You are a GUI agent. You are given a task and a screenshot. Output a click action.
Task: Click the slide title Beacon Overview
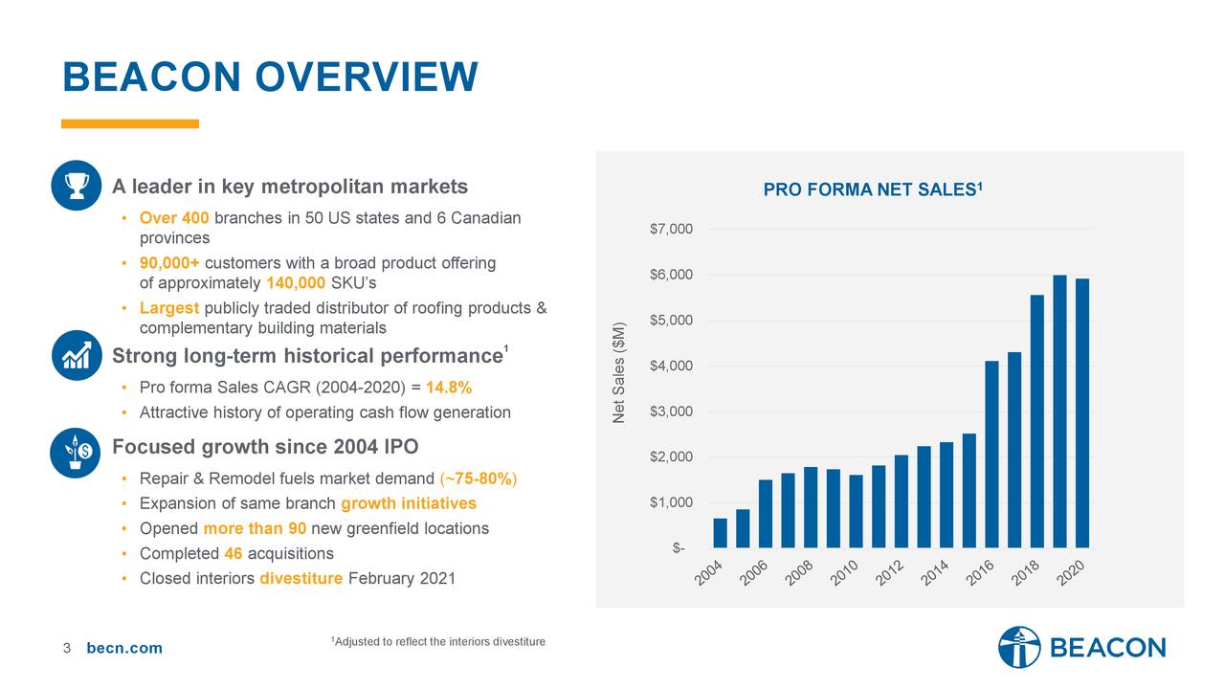269,77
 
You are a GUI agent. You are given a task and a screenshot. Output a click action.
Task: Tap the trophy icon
77,185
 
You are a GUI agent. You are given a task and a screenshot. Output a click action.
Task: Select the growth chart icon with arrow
77,355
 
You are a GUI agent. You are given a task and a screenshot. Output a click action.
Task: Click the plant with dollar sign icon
77,451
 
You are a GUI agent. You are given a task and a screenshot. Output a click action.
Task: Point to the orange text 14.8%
448,388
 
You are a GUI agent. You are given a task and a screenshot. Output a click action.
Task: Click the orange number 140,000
296,283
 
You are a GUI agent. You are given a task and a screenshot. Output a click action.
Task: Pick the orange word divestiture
301,579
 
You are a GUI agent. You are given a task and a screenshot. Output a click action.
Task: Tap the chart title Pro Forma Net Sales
872,190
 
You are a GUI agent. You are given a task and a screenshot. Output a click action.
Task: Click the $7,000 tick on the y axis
672,229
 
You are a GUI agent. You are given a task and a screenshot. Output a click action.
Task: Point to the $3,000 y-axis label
672,411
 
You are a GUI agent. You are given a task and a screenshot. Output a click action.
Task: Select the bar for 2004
720,533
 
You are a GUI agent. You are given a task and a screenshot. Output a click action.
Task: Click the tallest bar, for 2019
1059,411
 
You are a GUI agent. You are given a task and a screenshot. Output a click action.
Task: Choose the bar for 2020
1082,413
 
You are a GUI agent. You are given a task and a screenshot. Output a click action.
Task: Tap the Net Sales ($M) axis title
619,372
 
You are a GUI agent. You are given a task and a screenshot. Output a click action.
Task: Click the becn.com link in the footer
124,649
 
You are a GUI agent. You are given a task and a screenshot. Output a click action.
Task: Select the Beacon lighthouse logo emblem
1018,648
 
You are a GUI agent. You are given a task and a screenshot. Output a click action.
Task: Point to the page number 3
67,649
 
